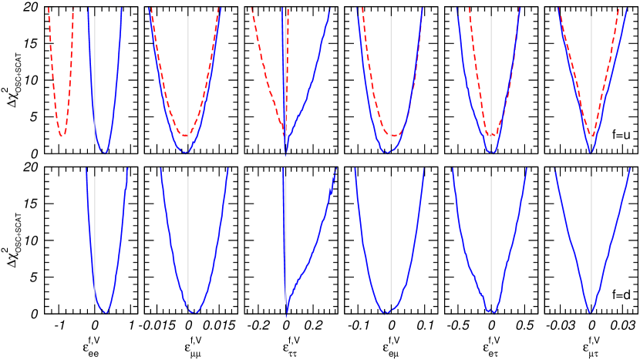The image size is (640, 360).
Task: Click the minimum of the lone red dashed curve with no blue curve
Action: tap(62, 136)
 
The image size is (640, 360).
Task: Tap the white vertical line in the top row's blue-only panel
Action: tap(95, 77)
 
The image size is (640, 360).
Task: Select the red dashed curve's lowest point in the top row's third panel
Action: tap(184, 136)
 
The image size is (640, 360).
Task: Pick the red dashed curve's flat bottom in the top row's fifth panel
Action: tap(393, 136)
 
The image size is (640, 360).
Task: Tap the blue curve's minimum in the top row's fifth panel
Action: tap(387, 153)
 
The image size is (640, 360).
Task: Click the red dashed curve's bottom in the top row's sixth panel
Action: tap(491, 136)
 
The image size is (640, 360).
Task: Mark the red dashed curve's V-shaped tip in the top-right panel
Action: tap(591, 136)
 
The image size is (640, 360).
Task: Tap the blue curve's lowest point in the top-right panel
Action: tap(590, 152)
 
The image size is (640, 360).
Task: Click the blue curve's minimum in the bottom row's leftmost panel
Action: tap(105, 312)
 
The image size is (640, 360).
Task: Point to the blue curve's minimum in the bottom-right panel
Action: tap(590, 311)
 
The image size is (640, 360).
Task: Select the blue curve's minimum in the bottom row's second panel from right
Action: tap(491, 313)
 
